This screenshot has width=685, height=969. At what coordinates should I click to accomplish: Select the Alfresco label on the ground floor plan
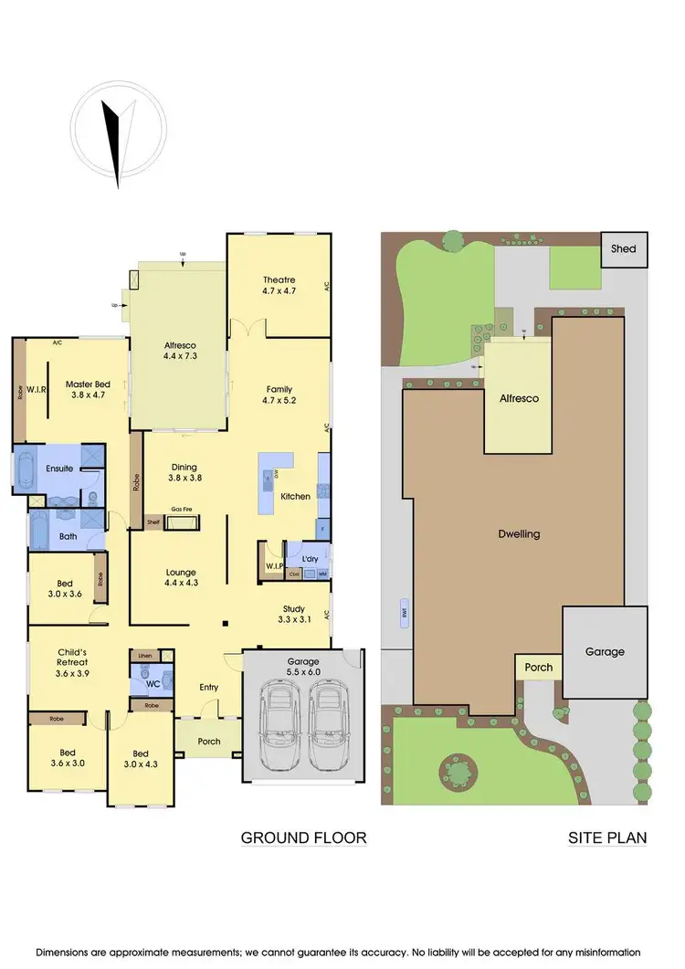(x=179, y=346)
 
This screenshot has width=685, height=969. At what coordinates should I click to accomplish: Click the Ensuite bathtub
(x=20, y=469)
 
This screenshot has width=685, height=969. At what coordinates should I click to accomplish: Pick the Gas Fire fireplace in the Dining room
(x=187, y=522)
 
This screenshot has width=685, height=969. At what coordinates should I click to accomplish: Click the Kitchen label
(x=296, y=496)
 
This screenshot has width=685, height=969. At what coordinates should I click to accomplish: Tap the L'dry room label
(x=302, y=558)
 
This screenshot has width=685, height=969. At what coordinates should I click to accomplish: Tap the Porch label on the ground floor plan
(x=209, y=741)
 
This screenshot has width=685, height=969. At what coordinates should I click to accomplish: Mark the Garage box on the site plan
(x=605, y=651)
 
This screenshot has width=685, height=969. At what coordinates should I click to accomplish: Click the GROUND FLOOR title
(x=303, y=837)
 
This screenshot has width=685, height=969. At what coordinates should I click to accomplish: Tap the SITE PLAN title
(x=607, y=837)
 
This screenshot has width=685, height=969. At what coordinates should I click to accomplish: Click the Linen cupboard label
(x=145, y=655)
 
